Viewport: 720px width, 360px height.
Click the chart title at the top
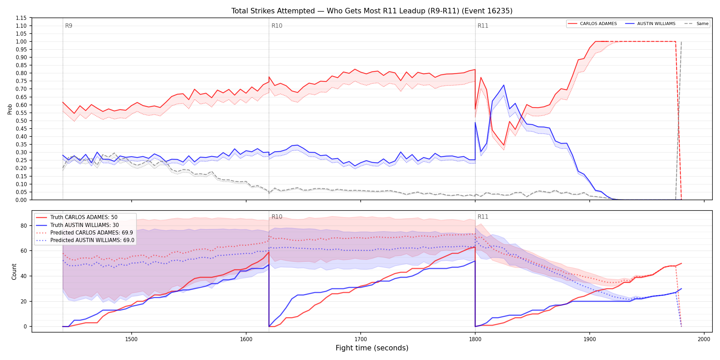(372, 11)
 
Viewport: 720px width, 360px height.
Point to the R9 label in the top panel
(69, 26)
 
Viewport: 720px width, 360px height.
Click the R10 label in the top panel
(277, 26)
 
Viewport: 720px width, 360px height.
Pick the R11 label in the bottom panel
(483, 217)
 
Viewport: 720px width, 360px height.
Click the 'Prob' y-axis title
(10, 109)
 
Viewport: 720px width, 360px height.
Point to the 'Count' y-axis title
(14, 272)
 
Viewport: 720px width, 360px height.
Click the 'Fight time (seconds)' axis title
(372, 348)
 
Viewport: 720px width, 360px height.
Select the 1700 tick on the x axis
(361, 339)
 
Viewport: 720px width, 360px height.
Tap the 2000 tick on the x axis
(704, 339)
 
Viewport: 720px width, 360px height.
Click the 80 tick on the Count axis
(24, 226)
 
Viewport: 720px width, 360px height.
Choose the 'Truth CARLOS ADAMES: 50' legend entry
(84, 217)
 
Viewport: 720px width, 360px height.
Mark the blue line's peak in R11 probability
(504, 85)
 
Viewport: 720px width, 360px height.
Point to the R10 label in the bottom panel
(277, 217)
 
